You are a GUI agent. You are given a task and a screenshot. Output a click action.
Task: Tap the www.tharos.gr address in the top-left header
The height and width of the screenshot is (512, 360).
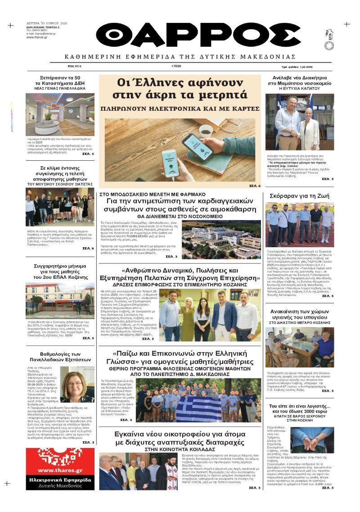point(38,37)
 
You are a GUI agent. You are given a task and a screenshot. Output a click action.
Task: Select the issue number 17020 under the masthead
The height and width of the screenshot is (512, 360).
point(176,66)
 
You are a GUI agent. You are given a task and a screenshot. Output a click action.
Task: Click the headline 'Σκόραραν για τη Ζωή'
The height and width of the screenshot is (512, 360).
point(299,196)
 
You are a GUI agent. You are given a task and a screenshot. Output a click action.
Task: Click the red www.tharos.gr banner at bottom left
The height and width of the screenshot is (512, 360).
point(60,468)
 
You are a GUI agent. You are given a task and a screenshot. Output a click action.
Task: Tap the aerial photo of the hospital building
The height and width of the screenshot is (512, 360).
point(221,240)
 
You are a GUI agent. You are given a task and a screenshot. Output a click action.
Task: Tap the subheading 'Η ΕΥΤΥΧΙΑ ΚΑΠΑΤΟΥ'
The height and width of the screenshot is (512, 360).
point(299,89)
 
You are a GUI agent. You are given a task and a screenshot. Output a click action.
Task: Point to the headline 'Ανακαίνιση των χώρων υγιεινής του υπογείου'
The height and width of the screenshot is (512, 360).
point(299,314)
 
